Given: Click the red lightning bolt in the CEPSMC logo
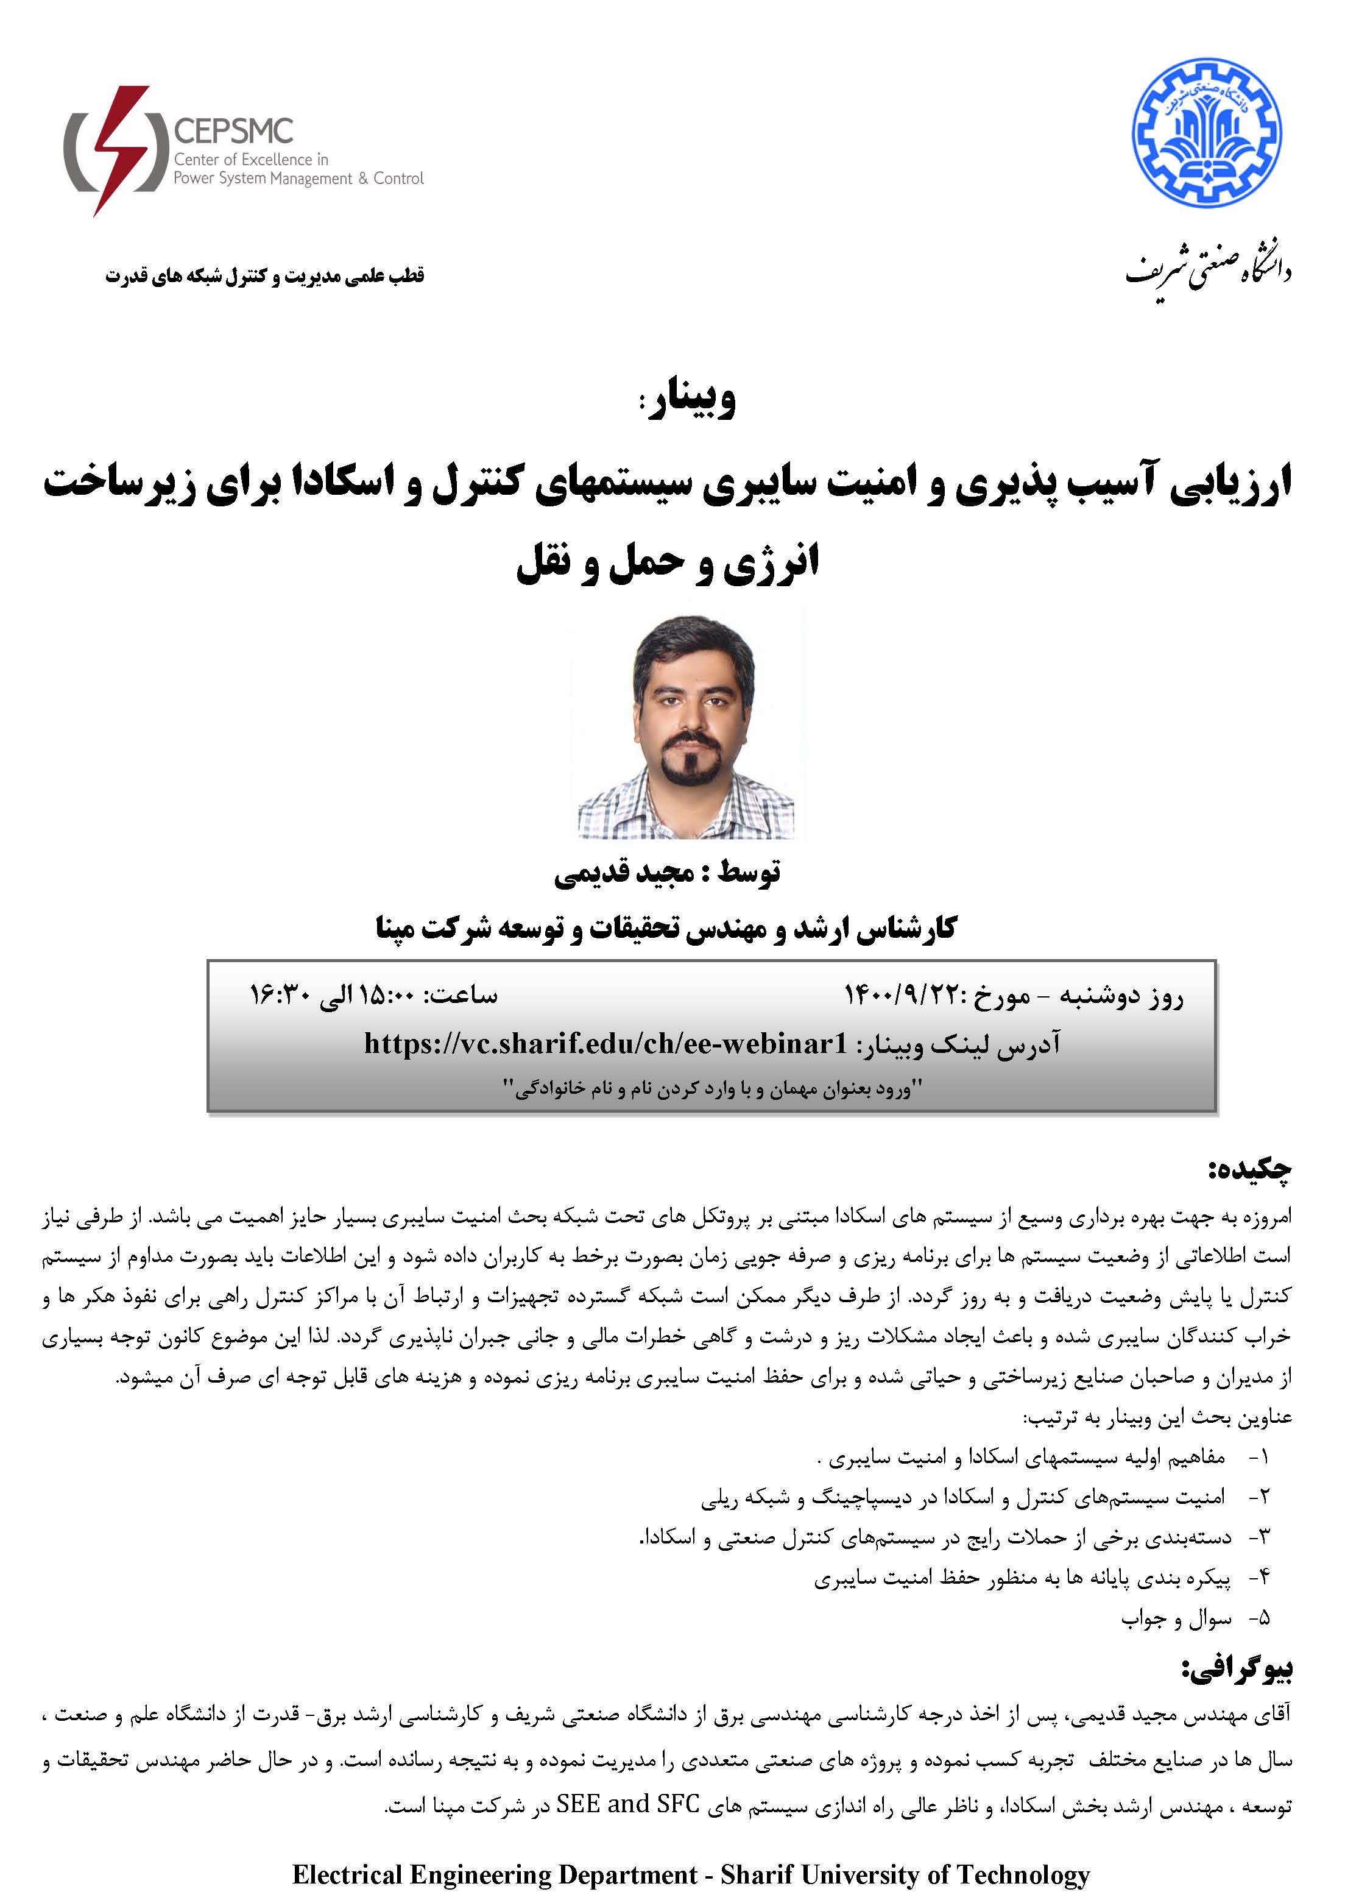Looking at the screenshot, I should (120, 149).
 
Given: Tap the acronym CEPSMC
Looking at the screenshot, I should (234, 131).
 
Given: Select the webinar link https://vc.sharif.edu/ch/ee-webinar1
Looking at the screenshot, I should (605, 1043).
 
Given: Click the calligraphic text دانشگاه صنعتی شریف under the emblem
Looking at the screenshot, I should (1207, 269).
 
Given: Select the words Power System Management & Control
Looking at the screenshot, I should (298, 178).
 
